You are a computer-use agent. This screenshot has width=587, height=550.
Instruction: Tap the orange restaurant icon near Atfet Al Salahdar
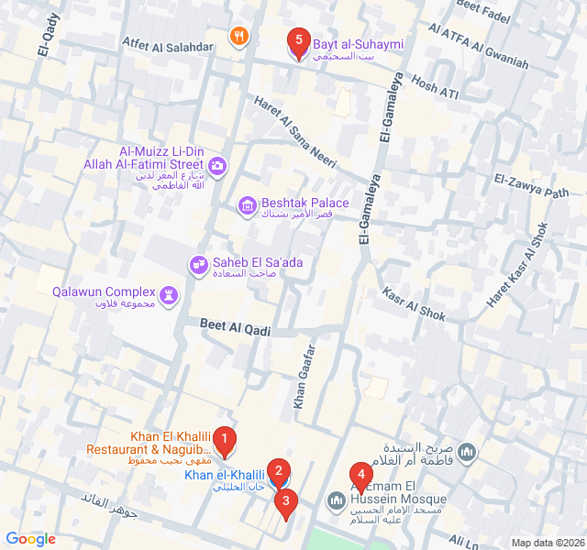pyautogui.click(x=238, y=37)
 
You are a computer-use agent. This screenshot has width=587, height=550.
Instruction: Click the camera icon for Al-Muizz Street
pyautogui.click(x=217, y=166)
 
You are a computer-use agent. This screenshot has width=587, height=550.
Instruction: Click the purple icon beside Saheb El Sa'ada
pyautogui.click(x=197, y=265)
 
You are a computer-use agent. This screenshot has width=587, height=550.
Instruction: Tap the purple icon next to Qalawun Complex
pyautogui.click(x=170, y=294)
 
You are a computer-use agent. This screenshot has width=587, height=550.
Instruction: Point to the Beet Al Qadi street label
pyautogui.click(x=236, y=327)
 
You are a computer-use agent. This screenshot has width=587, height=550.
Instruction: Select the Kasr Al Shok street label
pyautogui.click(x=414, y=302)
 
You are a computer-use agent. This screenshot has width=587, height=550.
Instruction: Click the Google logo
pyautogui.click(x=30, y=539)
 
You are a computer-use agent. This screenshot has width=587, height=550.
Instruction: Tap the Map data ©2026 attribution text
pyautogui.click(x=547, y=543)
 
